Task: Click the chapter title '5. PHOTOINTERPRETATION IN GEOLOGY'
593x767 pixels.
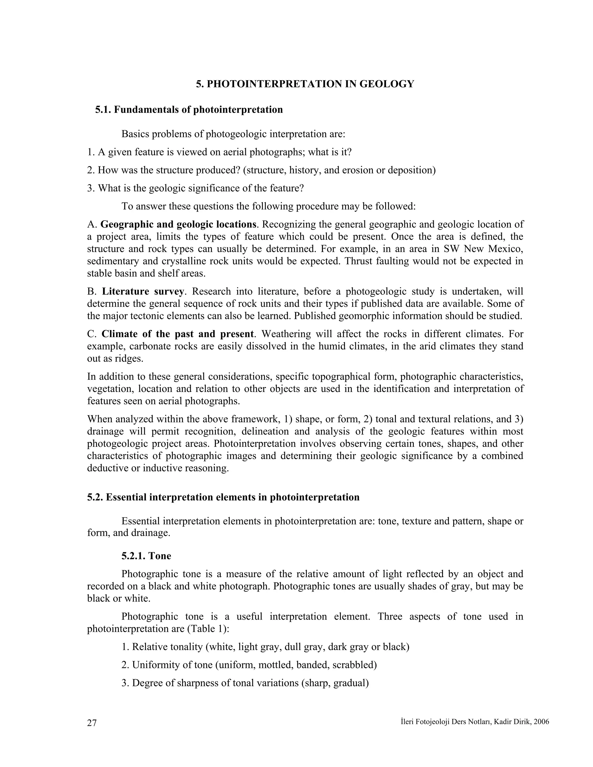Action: (305, 84)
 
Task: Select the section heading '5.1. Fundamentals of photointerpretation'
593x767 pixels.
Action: (189, 110)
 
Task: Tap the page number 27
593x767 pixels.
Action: (92, 723)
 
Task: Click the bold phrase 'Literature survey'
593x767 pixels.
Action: (143, 291)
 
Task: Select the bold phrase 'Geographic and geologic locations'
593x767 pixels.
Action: (178, 224)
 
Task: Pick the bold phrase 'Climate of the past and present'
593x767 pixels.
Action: (177, 334)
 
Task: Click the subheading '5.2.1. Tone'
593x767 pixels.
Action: (146, 556)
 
